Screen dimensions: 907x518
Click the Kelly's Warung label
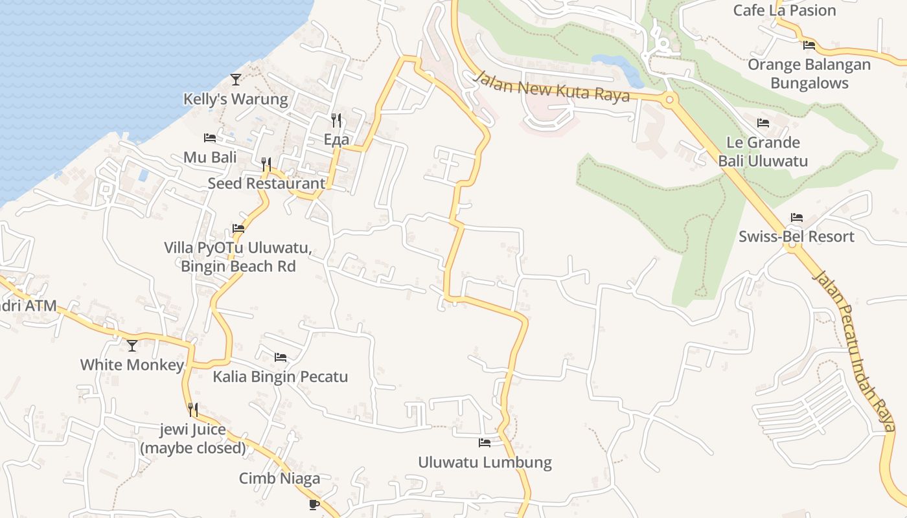point(235,99)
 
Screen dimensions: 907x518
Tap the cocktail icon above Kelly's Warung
point(236,80)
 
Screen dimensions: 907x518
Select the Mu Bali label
point(210,157)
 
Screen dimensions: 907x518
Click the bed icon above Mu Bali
point(210,138)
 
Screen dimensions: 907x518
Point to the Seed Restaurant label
point(266,183)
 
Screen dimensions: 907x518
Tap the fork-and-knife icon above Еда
point(336,120)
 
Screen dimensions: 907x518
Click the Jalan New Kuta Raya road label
point(551,86)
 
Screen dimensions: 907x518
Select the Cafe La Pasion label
point(784,10)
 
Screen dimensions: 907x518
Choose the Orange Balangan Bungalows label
point(809,74)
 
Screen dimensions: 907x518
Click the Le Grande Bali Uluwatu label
point(763,152)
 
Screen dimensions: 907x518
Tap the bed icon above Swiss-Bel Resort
point(797,218)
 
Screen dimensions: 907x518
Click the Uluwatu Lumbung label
point(485,462)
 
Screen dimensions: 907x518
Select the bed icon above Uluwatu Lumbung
point(485,443)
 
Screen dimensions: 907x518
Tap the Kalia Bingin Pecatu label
point(280,376)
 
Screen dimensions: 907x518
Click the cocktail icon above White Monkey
point(132,346)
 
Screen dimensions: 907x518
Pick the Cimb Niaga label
point(279,479)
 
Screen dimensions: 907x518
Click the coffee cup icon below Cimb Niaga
point(314,504)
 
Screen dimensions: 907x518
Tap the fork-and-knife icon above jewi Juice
point(193,409)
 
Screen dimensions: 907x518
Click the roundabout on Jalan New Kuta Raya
point(670,99)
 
